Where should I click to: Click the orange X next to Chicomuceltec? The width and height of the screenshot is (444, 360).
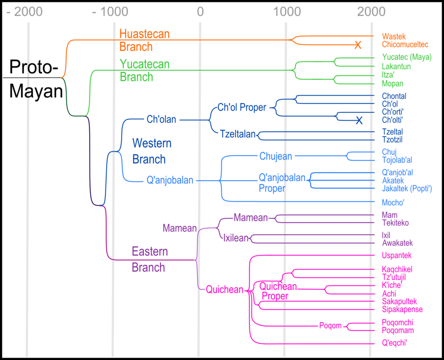point(358,45)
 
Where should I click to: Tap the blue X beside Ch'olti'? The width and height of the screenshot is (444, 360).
point(359,121)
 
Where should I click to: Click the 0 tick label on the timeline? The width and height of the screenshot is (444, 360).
point(200,11)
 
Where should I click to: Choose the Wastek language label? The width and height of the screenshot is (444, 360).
point(394,36)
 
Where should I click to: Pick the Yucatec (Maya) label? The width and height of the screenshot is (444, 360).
point(407,58)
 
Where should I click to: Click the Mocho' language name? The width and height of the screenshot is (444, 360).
point(394,202)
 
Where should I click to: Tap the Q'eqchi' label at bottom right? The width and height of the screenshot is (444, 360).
point(395,343)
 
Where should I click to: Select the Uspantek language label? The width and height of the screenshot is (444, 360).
point(397,256)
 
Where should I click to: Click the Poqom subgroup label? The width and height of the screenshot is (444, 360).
point(330,326)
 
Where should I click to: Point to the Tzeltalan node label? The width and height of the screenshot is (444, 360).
point(238,134)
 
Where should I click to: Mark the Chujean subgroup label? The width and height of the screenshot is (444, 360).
point(276,156)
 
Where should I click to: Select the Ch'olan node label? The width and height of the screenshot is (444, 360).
point(161,120)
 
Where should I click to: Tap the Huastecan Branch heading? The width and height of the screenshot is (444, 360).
point(145,40)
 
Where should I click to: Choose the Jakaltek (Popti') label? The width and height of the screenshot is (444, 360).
point(407,189)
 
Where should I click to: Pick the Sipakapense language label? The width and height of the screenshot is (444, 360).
point(402,309)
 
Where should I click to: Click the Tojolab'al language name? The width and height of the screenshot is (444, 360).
point(397,160)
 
